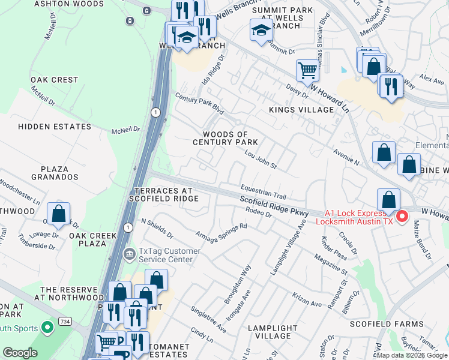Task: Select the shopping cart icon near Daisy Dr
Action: (x=307, y=70)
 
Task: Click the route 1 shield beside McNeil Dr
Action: (x=155, y=112)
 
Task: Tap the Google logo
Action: (x=20, y=353)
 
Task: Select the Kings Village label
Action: (x=301, y=110)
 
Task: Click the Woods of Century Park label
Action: (x=225, y=138)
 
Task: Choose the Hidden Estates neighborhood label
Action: (x=55, y=127)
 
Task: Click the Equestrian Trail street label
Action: (x=264, y=191)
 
